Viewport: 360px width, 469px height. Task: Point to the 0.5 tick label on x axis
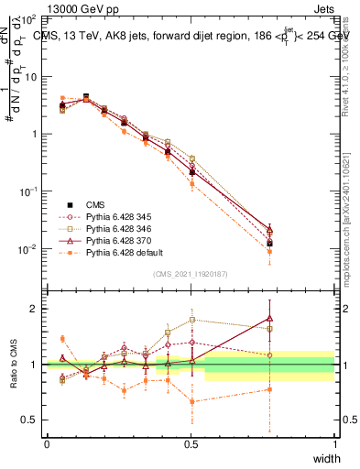(x=191, y=444)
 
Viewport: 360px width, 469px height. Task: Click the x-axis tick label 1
(x=335, y=444)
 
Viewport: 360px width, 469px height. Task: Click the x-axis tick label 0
(x=47, y=444)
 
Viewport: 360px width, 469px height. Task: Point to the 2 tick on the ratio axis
(x=34, y=309)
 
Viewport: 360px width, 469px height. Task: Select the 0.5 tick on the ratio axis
(x=29, y=420)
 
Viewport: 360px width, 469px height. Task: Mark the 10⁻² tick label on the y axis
(x=28, y=249)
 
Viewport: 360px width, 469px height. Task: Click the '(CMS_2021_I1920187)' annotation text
(x=191, y=274)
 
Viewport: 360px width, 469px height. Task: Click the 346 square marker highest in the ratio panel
(x=191, y=320)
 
